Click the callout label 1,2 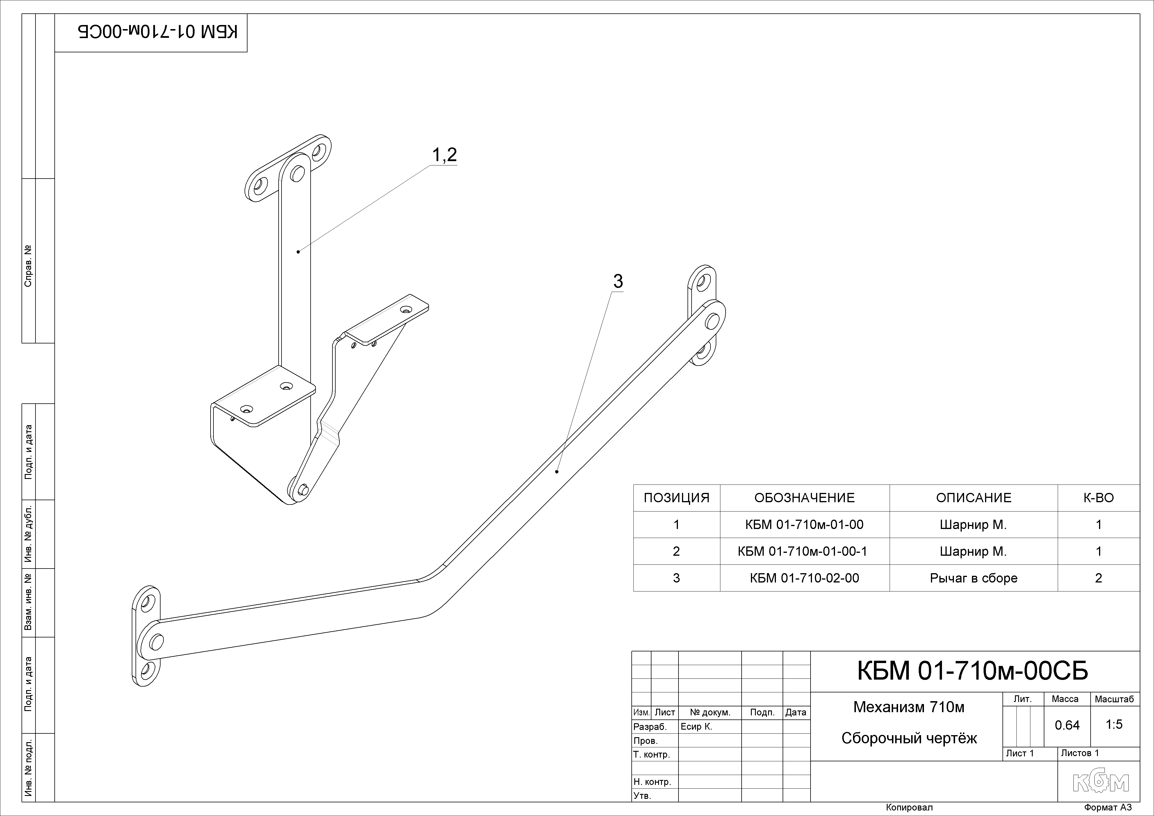(444, 155)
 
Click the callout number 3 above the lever (618, 282)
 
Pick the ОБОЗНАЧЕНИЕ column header (804, 498)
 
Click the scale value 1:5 (1114, 725)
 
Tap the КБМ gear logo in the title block (1101, 782)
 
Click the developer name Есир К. (696, 726)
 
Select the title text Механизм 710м (909, 708)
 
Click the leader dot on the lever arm (557, 471)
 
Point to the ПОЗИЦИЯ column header (676, 498)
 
